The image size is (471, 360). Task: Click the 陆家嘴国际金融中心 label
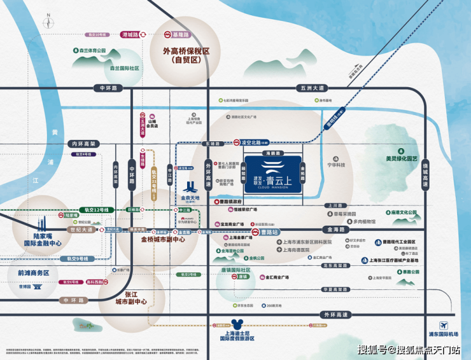click(x=42, y=237)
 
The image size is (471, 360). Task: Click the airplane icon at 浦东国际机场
click(x=443, y=325)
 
